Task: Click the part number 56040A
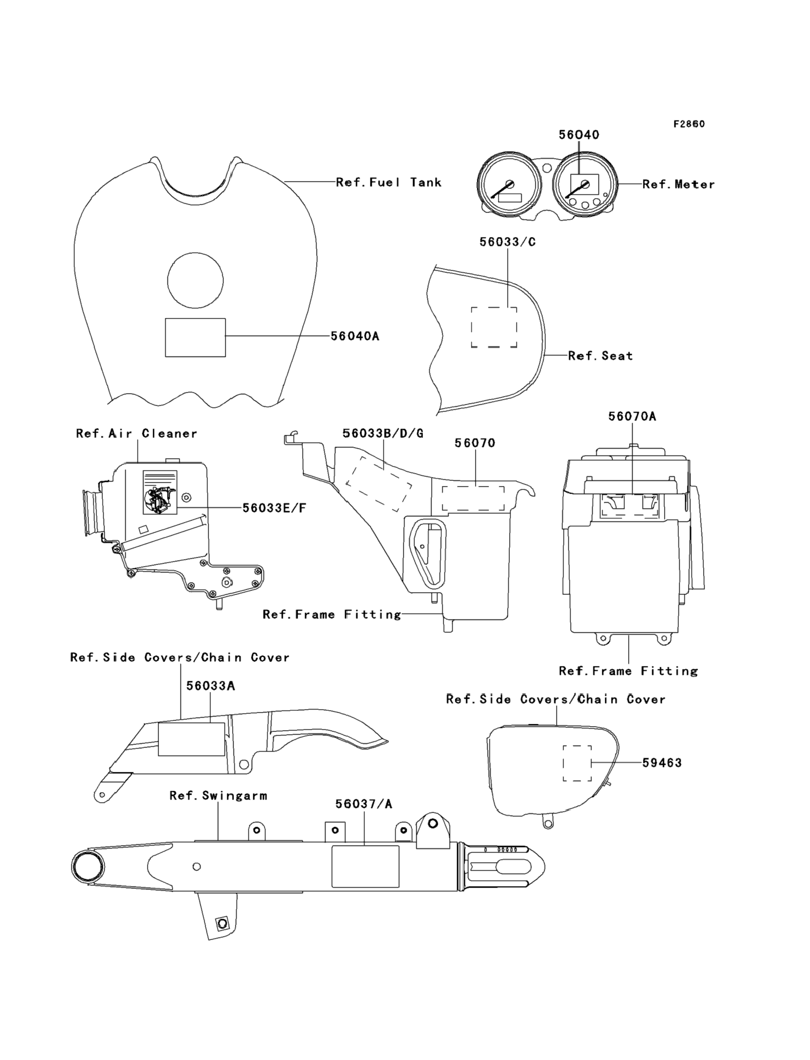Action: pyautogui.click(x=355, y=336)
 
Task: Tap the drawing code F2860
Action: pyautogui.click(x=689, y=124)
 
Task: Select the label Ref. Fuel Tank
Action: pyautogui.click(x=388, y=182)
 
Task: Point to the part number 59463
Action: pyautogui.click(x=662, y=763)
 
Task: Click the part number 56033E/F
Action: pyautogui.click(x=274, y=508)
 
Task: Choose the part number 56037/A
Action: pyautogui.click(x=364, y=804)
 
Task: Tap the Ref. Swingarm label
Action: pyautogui.click(x=218, y=796)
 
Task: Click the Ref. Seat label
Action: pyautogui.click(x=600, y=355)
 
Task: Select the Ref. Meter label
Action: pyautogui.click(x=679, y=184)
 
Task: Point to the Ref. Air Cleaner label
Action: pyautogui.click(x=137, y=434)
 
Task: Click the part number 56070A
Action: pyautogui.click(x=632, y=416)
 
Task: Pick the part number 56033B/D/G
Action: pyautogui.click(x=383, y=434)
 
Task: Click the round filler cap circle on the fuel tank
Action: pyautogui.click(x=195, y=280)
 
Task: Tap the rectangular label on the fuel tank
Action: pyautogui.click(x=195, y=337)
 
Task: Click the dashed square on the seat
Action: pyautogui.click(x=494, y=327)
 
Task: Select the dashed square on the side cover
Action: pyautogui.click(x=577, y=763)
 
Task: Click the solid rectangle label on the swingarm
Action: pyautogui.click(x=365, y=866)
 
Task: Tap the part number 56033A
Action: pyautogui.click(x=211, y=686)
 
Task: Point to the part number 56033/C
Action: pyautogui.click(x=508, y=242)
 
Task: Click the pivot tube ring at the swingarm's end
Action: pyautogui.click(x=88, y=867)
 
